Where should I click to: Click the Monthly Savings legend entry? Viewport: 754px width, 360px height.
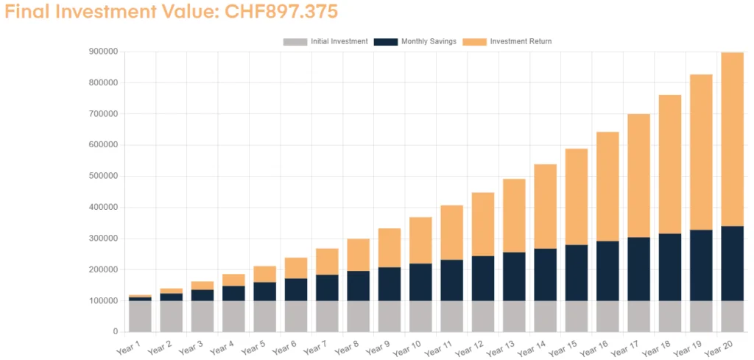(415, 41)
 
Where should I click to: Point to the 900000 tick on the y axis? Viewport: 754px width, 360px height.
(102, 52)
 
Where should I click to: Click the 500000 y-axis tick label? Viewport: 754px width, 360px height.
(102, 177)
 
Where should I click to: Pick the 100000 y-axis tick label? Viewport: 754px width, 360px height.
(102, 301)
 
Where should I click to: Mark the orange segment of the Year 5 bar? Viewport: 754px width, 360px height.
(264, 274)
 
